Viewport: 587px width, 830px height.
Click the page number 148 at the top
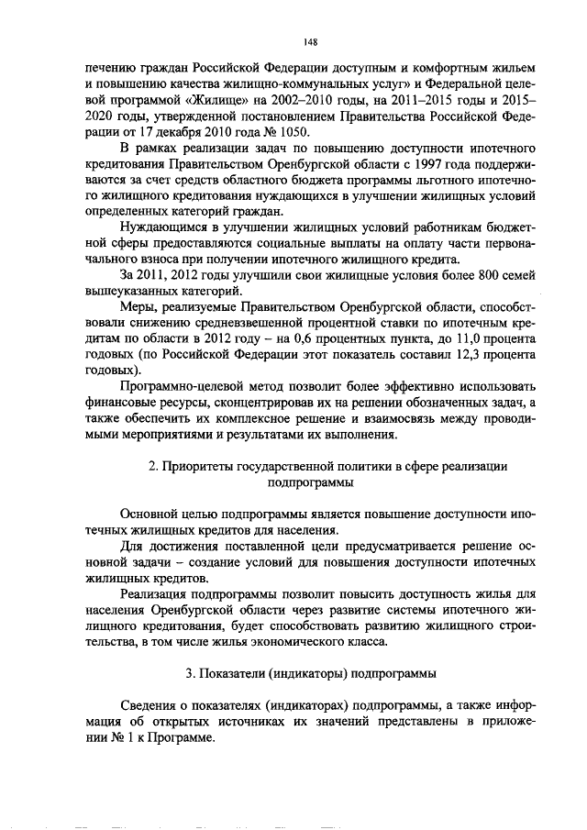coord(310,39)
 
